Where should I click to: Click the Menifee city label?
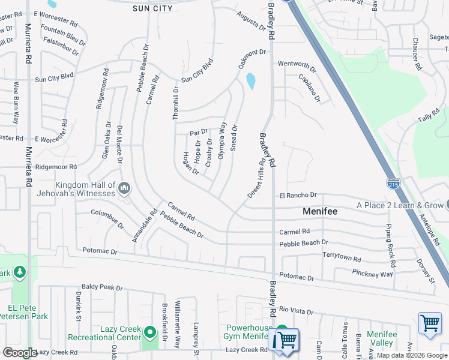319,212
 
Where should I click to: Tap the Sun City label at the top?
152,8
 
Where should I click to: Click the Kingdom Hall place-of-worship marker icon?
124,189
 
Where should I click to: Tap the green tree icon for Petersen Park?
20,273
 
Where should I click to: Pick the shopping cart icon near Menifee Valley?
430,323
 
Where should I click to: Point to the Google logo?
19,353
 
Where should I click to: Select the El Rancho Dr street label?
297,195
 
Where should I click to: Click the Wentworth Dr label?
297,64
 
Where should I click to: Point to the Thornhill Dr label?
176,103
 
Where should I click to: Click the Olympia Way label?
221,140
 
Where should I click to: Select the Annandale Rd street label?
145,226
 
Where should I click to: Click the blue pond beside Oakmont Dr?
251,81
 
